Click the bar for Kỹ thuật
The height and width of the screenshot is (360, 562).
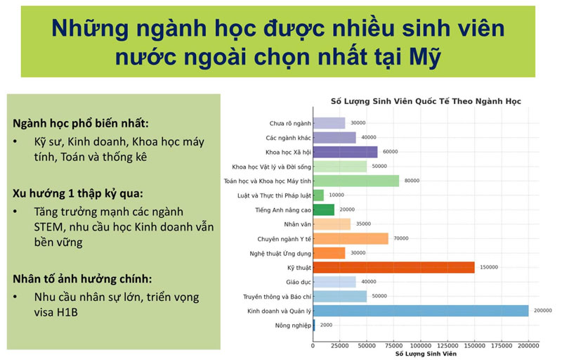click(393, 267)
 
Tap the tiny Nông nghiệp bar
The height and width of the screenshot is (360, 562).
click(314, 325)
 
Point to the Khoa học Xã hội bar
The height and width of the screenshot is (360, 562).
click(345, 152)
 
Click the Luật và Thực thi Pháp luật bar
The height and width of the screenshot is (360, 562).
click(318, 195)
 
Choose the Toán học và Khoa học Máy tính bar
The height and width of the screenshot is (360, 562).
click(355, 181)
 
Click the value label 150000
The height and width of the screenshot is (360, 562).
click(488, 267)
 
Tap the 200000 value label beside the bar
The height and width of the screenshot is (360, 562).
click(542, 311)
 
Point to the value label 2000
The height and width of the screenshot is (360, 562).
click(326, 325)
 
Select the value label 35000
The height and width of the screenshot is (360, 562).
click(362, 224)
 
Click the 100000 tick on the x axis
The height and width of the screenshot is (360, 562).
click(421, 346)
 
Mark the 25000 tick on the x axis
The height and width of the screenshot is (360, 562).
click(339, 346)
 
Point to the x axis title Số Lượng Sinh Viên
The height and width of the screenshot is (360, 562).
click(426, 354)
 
